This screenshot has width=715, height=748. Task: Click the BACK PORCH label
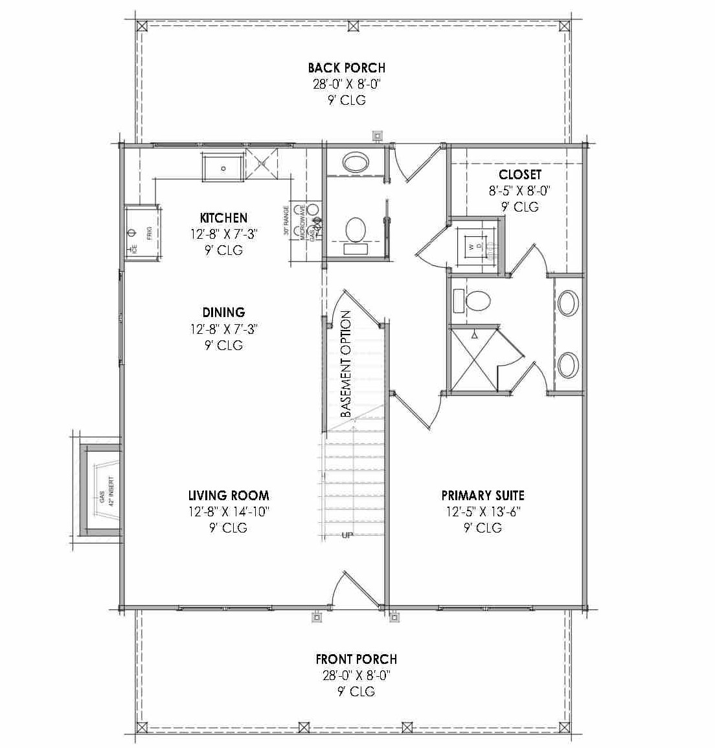tap(346, 67)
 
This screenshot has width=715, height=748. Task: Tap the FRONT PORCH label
tap(356, 659)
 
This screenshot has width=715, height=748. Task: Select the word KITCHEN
tap(223, 218)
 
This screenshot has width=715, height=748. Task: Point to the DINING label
tap(223, 313)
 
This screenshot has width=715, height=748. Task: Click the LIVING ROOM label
tap(229, 496)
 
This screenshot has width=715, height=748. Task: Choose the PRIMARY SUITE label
tap(482, 496)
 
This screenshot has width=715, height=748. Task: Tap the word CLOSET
tap(519, 175)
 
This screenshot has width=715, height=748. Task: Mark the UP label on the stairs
tap(348, 535)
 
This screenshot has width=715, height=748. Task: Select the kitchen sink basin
tap(223, 168)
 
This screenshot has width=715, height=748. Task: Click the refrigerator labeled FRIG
tap(142, 233)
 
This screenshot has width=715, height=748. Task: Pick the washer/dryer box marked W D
tap(476, 245)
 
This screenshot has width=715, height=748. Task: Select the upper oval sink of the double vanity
tap(568, 303)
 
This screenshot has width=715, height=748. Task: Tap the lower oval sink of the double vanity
tap(568, 365)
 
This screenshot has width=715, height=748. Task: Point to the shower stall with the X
tap(474, 360)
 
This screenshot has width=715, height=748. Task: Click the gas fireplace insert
tap(104, 490)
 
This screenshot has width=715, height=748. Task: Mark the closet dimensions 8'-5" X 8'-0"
tap(519, 191)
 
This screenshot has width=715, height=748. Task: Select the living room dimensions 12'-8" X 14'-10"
tap(229, 512)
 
